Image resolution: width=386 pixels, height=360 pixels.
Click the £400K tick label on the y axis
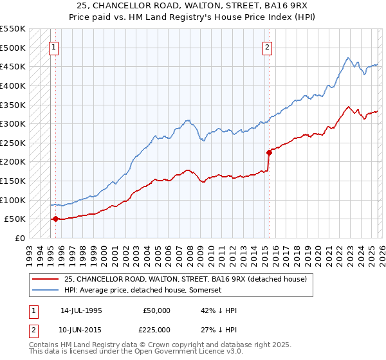pos(12,85)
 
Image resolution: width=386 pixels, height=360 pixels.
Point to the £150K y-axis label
pos(12,181)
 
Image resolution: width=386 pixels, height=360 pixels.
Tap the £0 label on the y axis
pos(18,238)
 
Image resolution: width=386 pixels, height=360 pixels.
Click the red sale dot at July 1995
pos(55,219)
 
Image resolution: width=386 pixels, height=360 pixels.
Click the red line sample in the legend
pos(46,278)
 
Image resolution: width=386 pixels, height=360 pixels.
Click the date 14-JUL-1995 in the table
pos(81,310)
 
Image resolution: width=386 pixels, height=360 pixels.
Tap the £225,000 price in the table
pos(157,329)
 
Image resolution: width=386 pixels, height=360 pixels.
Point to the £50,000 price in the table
pos(157,310)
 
